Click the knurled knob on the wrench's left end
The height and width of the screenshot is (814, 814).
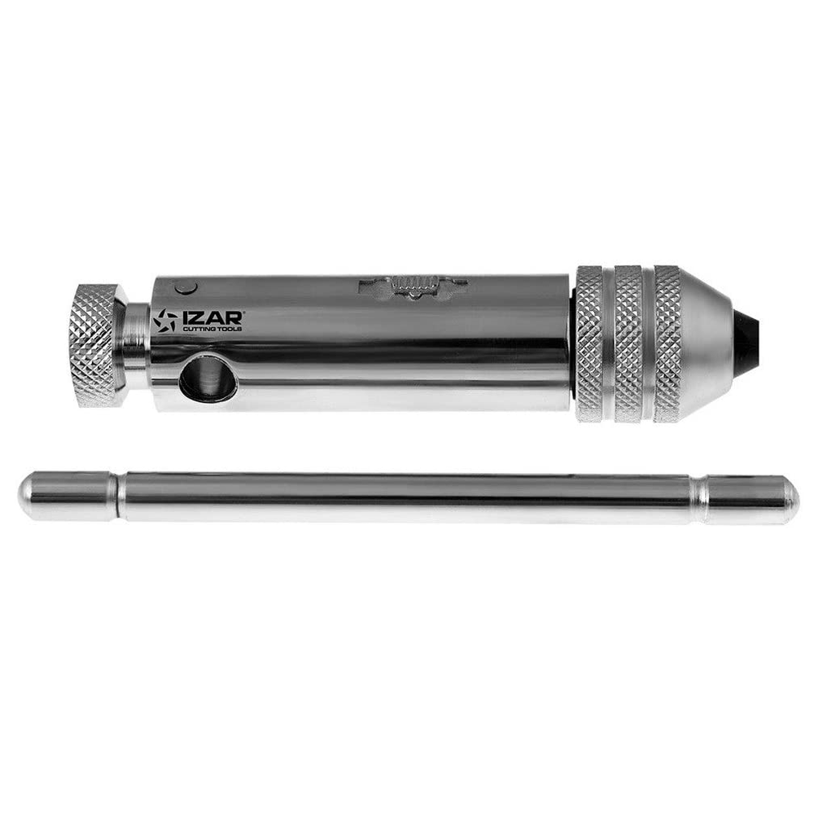tap(98, 344)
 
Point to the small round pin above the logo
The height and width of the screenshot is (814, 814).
tap(186, 287)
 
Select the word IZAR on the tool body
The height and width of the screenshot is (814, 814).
tap(212, 317)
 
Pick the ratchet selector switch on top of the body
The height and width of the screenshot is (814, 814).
tap(414, 285)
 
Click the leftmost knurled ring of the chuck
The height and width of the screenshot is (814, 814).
tap(589, 344)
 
